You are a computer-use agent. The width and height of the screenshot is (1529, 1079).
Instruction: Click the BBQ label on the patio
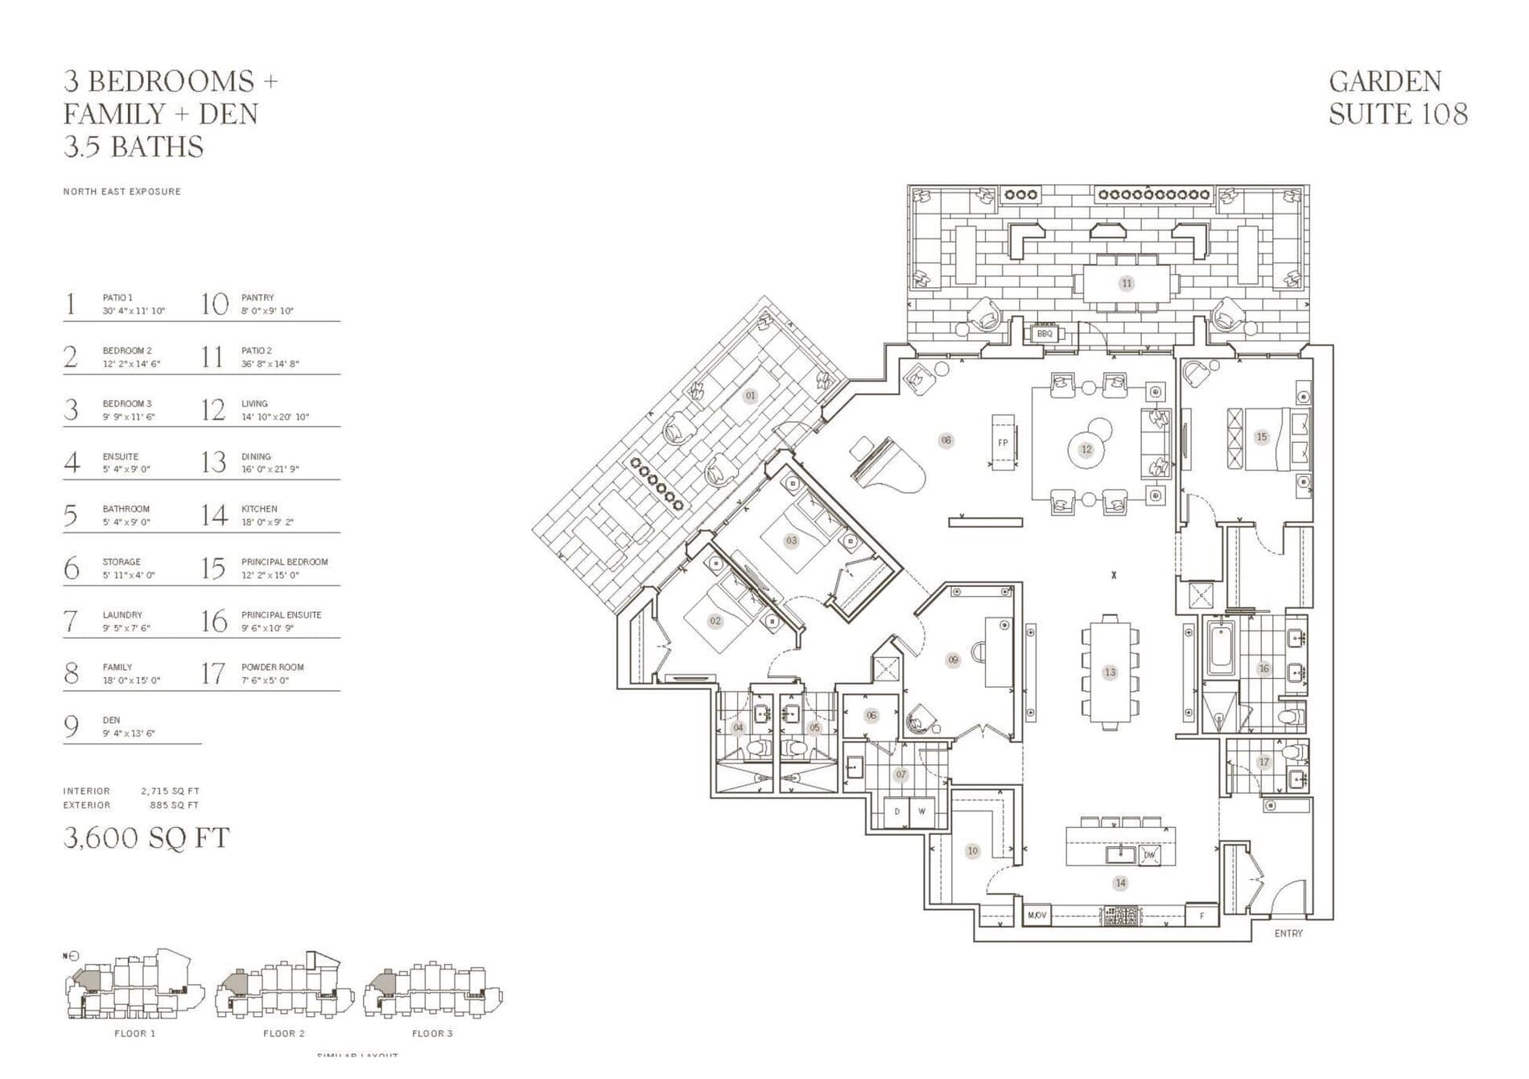click(x=1044, y=333)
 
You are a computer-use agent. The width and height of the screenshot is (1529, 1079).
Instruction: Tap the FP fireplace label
click(x=1003, y=443)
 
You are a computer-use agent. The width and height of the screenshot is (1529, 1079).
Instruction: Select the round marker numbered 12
click(x=1086, y=449)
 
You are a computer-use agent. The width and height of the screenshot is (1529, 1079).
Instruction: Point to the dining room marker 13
click(x=1110, y=672)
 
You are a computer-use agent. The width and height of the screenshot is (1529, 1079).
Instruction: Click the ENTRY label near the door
click(x=1288, y=933)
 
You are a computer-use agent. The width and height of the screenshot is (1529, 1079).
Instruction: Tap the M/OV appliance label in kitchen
click(x=1037, y=916)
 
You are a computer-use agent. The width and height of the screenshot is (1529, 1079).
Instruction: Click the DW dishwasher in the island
click(x=1149, y=854)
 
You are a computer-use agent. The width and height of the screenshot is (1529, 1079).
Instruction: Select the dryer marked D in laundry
click(x=896, y=812)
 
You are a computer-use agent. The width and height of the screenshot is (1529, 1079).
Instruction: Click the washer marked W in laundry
click(x=921, y=812)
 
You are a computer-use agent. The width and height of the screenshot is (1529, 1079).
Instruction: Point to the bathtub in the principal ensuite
click(x=1219, y=652)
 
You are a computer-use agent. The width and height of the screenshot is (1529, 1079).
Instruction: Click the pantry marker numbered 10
click(x=973, y=851)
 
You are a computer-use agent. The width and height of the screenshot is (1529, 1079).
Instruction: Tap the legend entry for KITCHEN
click(x=259, y=509)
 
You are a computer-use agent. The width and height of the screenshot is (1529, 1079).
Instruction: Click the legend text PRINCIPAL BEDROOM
click(x=284, y=562)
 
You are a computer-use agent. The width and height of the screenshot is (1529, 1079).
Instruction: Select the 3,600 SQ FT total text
click(x=146, y=838)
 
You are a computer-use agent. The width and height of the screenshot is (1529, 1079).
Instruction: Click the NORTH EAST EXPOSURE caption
click(x=122, y=192)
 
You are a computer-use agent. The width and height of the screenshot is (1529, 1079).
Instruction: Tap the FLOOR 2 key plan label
click(x=284, y=1033)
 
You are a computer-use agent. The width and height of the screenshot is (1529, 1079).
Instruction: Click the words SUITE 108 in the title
click(x=1398, y=114)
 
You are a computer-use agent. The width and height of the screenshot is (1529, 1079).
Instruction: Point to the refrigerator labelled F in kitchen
click(x=1202, y=916)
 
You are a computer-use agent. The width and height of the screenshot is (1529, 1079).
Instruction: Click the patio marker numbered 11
click(x=1126, y=283)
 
